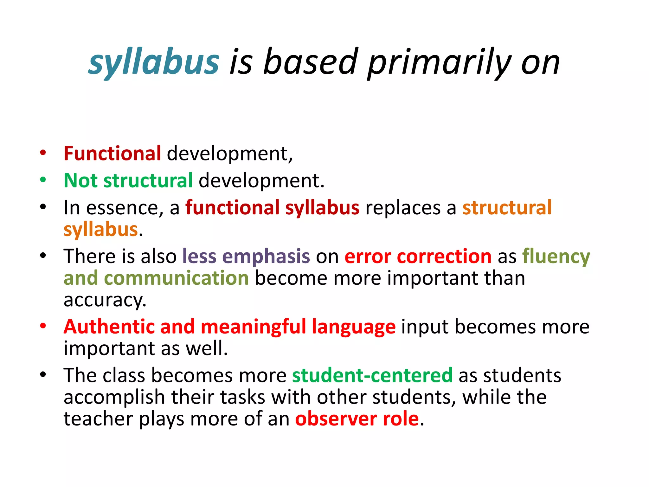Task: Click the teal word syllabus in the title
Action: pos(154,62)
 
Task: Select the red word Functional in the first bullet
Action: pos(112,154)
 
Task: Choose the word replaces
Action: pos(403,208)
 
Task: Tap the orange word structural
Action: pos(507,208)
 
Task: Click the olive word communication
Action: pos(176,278)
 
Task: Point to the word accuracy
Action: pos(105,300)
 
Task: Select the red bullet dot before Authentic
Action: pos(43,326)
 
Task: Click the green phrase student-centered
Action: pos(372,375)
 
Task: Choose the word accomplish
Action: pos(114,397)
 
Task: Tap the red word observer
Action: pos(336,419)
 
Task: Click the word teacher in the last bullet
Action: pos(98,419)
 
